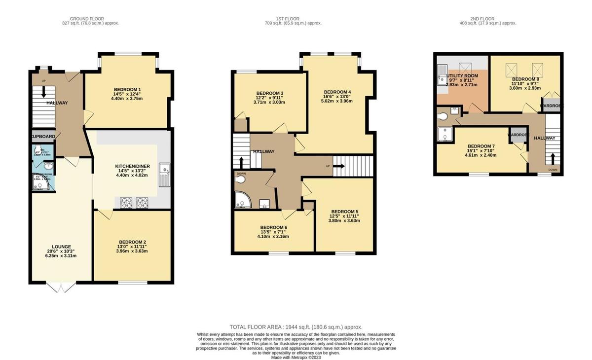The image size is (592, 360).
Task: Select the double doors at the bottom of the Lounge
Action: pyautogui.click(x=61, y=287)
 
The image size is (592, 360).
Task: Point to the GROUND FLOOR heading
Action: pyautogui.click(x=90, y=19)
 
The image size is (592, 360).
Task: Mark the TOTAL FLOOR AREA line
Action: pyautogui.click(x=296, y=327)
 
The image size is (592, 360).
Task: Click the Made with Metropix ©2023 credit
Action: pyautogui.click(x=296, y=358)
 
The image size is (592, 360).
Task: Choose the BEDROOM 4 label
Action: pyautogui.click(x=337, y=92)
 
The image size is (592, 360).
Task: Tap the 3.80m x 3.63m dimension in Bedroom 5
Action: pyautogui.click(x=344, y=220)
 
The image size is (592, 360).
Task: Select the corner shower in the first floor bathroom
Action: pyautogui.click(x=242, y=199)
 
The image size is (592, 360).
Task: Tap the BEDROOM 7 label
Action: pyautogui.click(x=481, y=146)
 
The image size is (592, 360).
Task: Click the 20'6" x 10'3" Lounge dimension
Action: pyautogui.click(x=62, y=251)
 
